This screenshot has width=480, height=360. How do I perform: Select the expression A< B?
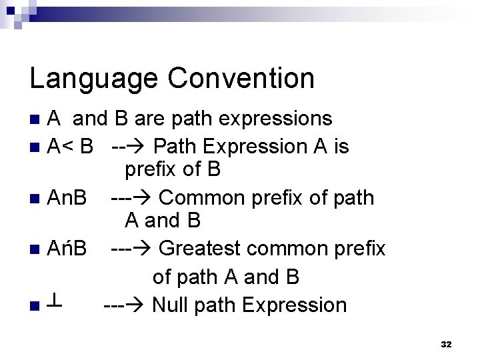coord(70,145)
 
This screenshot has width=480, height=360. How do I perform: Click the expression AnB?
coord(67,198)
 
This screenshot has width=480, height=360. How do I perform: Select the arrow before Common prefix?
coord(133,198)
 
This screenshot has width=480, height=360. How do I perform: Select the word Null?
coord(173,305)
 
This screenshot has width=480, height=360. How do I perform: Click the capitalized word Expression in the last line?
coord(295,305)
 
